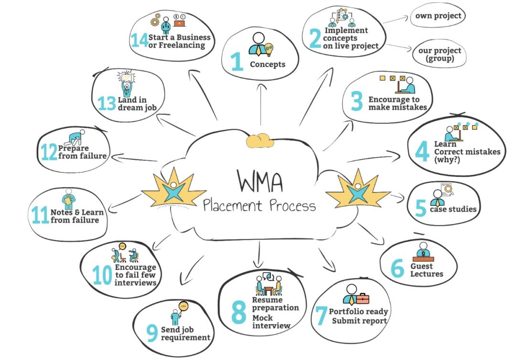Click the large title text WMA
[x=260, y=181]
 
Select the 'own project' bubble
[x=438, y=16]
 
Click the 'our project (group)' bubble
[x=440, y=55]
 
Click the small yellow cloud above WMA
[x=259, y=141]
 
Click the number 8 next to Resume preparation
[x=239, y=312]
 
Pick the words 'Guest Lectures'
[x=427, y=270]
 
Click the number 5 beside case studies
[x=420, y=209]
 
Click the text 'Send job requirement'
[x=185, y=334]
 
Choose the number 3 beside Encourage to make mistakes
[x=357, y=102]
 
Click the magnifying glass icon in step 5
[x=448, y=191]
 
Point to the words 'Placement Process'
[x=259, y=206]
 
